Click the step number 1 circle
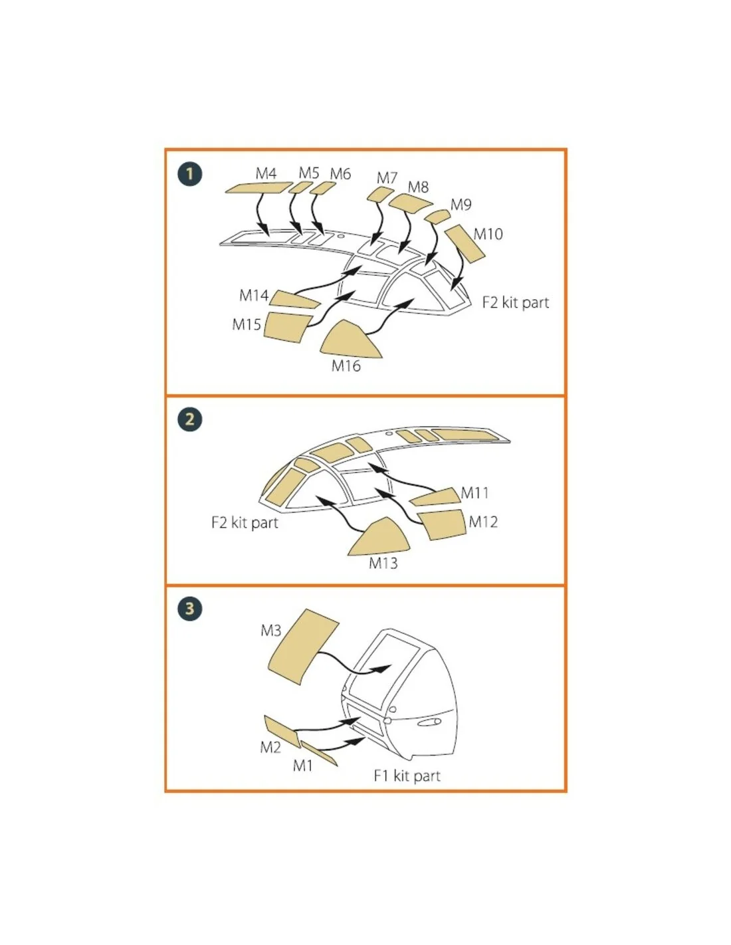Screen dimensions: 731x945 click(x=189, y=174)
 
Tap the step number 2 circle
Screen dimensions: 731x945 click(x=189, y=419)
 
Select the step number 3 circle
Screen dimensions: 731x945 click(x=189, y=608)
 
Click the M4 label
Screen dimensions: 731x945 click(x=266, y=173)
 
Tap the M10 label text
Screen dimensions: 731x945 click(x=488, y=234)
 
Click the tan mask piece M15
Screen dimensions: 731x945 click(x=288, y=326)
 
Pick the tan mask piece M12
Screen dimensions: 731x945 click(x=441, y=524)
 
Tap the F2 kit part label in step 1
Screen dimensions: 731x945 click(x=515, y=302)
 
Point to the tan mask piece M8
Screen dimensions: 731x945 click(x=410, y=203)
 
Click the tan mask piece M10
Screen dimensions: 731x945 click(x=465, y=244)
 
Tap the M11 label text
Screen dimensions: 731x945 click(x=474, y=493)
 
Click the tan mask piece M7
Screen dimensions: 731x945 click(x=380, y=195)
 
